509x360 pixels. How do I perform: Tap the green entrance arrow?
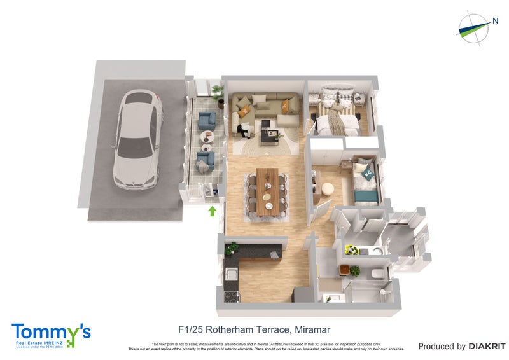(213, 211)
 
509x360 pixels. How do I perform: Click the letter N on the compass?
(494, 21)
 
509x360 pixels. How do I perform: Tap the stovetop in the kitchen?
(230, 296)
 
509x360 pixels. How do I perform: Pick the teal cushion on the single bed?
(365, 171)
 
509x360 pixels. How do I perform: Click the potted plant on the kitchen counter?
(232, 247)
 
